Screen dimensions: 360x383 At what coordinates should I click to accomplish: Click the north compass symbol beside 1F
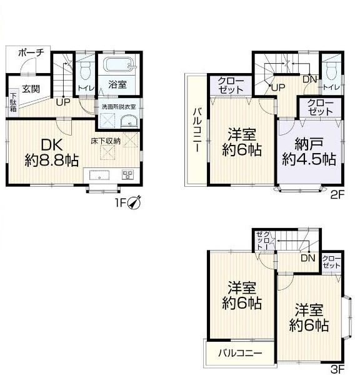[134, 202]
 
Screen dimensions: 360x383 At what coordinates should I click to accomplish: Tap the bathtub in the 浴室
[119, 64]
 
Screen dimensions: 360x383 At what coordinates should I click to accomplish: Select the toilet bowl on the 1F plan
[85, 70]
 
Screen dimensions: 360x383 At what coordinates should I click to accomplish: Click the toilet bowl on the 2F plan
[331, 70]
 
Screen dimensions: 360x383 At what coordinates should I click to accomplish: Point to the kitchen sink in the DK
[99, 176]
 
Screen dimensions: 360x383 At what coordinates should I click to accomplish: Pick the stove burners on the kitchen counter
[127, 175]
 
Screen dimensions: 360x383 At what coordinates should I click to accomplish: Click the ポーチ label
[31, 52]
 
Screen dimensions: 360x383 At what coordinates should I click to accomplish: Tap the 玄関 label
[31, 89]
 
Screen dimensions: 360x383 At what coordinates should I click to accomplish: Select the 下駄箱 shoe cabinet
[13, 102]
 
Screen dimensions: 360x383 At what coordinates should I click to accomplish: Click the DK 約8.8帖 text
[52, 152]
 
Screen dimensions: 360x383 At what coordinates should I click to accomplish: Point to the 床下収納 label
[106, 141]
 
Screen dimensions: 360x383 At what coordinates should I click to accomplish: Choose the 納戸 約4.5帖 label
[309, 151]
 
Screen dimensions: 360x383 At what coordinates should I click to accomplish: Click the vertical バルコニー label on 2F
[197, 130]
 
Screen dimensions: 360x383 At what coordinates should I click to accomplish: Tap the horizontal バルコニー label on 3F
[240, 353]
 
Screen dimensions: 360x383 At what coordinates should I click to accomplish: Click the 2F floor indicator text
[337, 195]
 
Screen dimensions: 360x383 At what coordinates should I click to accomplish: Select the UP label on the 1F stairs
[63, 102]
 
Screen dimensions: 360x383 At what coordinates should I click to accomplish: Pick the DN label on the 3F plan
[308, 258]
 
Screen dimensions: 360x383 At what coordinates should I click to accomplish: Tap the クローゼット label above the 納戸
[321, 107]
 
